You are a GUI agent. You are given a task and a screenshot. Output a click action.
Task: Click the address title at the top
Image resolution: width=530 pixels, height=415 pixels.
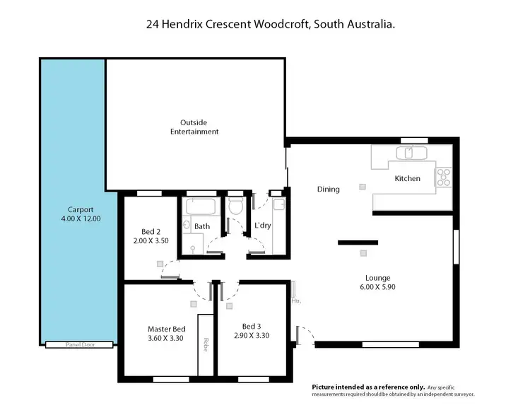[x=270, y=24]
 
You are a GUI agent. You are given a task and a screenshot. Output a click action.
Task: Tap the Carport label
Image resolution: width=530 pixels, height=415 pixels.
[x=81, y=209]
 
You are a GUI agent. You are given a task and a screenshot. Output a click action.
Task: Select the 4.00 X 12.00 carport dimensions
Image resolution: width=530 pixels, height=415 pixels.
[x=81, y=219]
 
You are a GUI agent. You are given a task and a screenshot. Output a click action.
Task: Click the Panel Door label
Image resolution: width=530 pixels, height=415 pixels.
[x=79, y=345]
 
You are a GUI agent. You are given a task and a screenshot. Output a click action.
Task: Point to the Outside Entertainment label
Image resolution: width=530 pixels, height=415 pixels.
[x=194, y=127]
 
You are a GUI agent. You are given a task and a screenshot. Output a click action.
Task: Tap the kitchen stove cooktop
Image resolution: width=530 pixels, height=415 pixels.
[x=443, y=177]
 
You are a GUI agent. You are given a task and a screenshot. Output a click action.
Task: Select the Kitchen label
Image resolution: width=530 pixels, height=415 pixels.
[x=407, y=179]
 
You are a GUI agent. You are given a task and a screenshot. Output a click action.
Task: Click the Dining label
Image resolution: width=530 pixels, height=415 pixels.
[x=328, y=189]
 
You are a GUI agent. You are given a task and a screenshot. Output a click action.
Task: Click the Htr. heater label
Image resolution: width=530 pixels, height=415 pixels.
[x=296, y=300]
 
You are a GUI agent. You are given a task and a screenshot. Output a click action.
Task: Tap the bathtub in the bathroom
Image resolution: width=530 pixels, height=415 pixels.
[x=201, y=209]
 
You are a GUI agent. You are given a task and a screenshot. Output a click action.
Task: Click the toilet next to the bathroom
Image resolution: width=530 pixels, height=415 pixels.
[x=235, y=206]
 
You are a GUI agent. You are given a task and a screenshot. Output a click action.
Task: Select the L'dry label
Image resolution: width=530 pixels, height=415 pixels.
[x=262, y=226]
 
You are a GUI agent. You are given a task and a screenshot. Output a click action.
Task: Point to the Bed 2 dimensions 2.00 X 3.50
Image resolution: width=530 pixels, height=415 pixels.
[x=151, y=241]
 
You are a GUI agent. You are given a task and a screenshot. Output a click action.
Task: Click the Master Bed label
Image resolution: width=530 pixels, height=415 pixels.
[x=166, y=329]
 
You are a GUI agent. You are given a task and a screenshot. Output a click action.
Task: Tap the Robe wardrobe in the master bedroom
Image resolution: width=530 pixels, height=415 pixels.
[x=206, y=344]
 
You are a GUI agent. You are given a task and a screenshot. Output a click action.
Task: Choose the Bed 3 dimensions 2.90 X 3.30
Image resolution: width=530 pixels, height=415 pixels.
[x=252, y=335]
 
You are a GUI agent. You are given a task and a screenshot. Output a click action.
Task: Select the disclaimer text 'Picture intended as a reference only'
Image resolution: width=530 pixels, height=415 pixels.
[x=368, y=387]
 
